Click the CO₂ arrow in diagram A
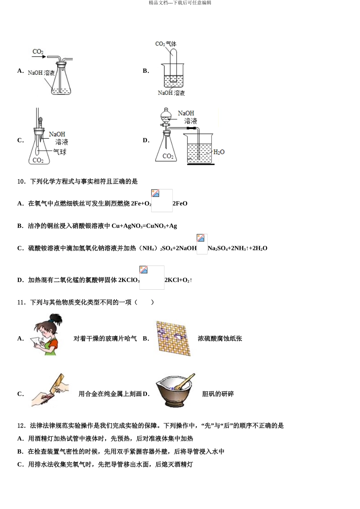(x=39, y=57)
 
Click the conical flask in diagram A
(x=61, y=83)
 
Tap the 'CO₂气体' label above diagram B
(x=166, y=44)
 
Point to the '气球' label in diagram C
(x=60, y=152)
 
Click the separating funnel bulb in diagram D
(x=166, y=115)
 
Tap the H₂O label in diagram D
(x=219, y=152)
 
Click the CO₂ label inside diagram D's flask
(x=168, y=156)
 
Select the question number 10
(x=21, y=181)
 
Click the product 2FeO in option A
(x=180, y=204)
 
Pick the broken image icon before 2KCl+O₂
(x=144, y=270)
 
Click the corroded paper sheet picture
(x=173, y=338)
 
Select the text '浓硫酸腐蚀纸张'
(x=220, y=339)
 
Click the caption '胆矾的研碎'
(x=218, y=394)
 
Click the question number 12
(x=21, y=426)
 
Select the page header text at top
(x=180, y=3)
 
